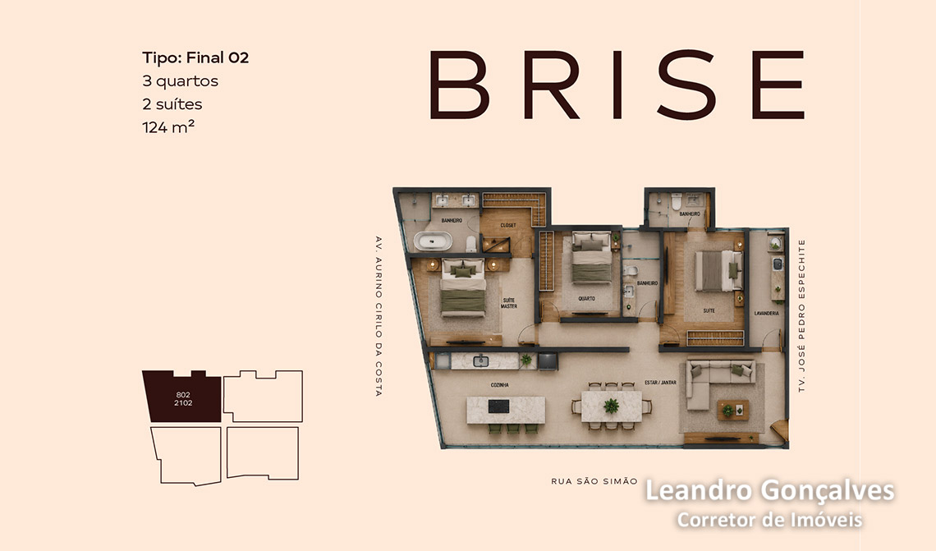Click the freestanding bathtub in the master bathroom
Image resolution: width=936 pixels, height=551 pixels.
(434, 241)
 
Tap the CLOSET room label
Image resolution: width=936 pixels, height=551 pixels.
(508, 225)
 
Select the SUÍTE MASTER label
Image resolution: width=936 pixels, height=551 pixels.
(509, 303)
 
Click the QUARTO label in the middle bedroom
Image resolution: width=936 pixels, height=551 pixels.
(586, 298)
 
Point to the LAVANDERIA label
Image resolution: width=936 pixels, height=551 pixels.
(766, 313)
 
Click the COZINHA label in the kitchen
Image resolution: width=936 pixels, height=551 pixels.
(500, 385)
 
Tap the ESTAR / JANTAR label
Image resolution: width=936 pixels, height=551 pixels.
(660, 382)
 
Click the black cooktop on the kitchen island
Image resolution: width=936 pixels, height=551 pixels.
(498, 406)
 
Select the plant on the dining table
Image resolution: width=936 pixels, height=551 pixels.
(611, 406)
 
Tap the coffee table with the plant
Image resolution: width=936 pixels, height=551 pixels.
(732, 410)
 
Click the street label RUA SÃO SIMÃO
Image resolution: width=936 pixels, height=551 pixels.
(594, 481)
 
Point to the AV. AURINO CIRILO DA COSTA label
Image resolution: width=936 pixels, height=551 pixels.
(378, 316)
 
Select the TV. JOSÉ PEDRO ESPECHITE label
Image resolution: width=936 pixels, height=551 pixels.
(801, 316)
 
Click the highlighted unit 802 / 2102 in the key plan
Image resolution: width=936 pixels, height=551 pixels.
(182, 397)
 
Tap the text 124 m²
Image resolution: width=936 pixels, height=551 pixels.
(168, 126)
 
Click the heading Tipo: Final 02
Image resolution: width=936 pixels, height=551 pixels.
(195, 58)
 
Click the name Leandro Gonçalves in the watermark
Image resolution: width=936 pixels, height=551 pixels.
(769, 491)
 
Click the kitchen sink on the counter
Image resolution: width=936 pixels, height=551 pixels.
(480, 360)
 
